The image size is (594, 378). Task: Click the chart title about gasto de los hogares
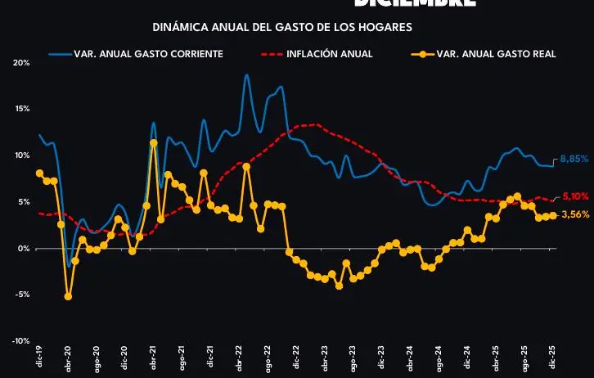click(x=282, y=27)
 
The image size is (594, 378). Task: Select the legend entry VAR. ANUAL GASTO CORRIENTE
click(x=147, y=54)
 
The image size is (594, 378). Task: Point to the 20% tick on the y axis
click(x=21, y=63)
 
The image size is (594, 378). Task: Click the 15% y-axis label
click(x=21, y=109)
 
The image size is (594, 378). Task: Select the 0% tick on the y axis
click(x=23, y=249)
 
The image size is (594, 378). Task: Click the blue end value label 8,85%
click(x=573, y=160)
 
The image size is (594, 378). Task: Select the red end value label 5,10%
click(x=573, y=197)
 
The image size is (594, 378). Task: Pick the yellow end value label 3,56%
click(x=573, y=214)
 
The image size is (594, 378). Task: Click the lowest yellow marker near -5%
click(x=68, y=296)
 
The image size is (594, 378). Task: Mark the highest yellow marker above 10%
click(x=154, y=143)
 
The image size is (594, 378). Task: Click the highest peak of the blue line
click(x=246, y=74)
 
